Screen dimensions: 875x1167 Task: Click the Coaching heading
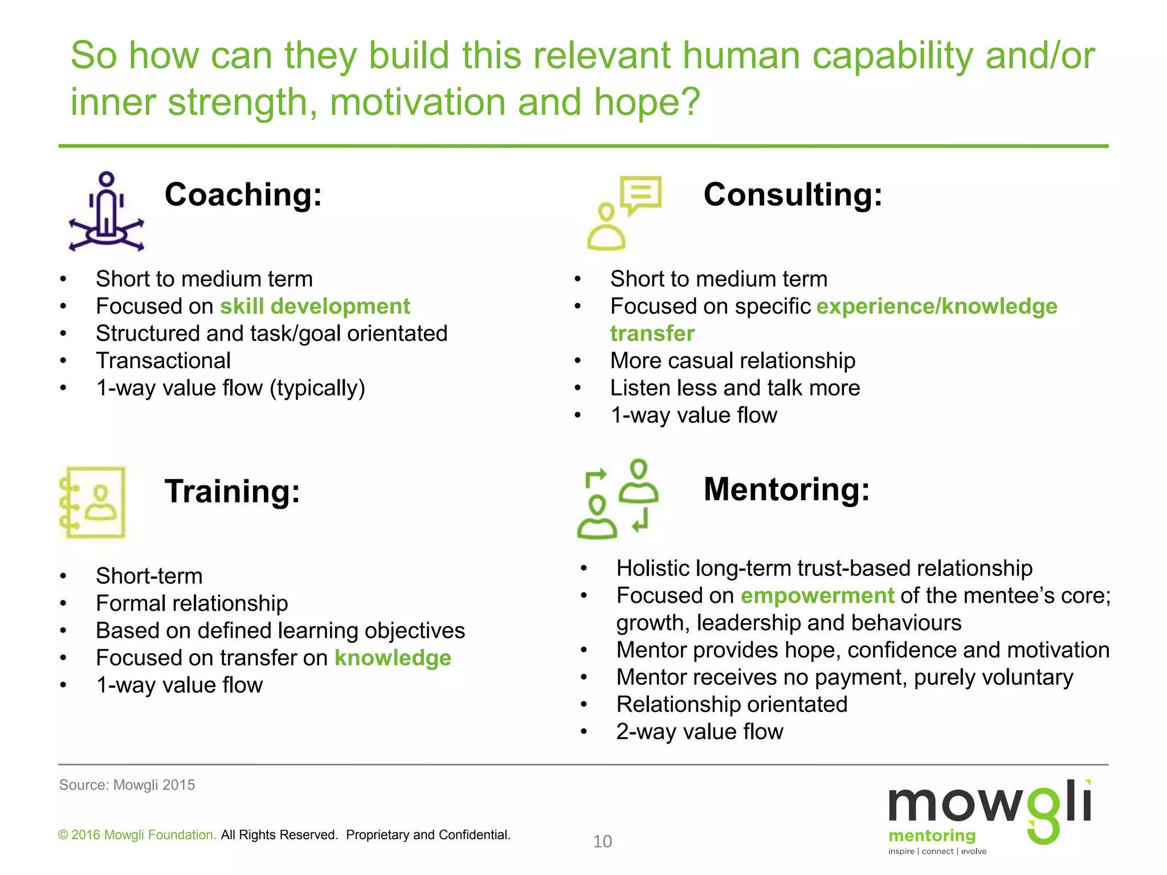[x=243, y=195]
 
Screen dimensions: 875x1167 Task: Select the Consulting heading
[x=793, y=195]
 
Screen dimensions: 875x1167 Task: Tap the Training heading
[x=232, y=491]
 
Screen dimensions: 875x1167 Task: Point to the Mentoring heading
[x=786, y=489]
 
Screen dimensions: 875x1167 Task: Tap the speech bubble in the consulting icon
[x=641, y=194]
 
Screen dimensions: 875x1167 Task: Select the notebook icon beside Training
[x=93, y=502]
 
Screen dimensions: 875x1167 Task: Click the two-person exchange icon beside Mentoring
[x=618, y=500]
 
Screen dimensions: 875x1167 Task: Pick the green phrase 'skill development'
[x=315, y=306]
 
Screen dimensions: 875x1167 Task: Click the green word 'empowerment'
[x=817, y=596]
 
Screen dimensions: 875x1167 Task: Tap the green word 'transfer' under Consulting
[x=652, y=334]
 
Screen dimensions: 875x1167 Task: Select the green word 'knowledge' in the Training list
[x=393, y=658]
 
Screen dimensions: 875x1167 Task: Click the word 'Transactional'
[x=163, y=361]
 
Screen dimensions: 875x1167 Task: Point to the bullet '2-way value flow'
[x=699, y=732]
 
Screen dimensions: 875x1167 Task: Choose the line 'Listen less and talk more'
[x=735, y=389]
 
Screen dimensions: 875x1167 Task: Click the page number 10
[x=602, y=841]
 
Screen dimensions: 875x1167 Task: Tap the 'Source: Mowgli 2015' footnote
[x=127, y=785]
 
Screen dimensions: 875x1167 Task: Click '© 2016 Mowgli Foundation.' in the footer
[x=137, y=835]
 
